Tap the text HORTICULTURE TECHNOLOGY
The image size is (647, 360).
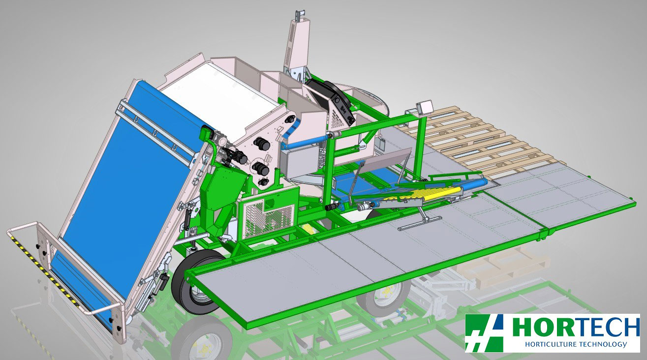pyautogui.click(x=576, y=344)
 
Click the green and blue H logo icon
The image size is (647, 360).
pyautogui.click(x=484, y=333)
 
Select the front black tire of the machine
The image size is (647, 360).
pyautogui.click(x=197, y=282)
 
